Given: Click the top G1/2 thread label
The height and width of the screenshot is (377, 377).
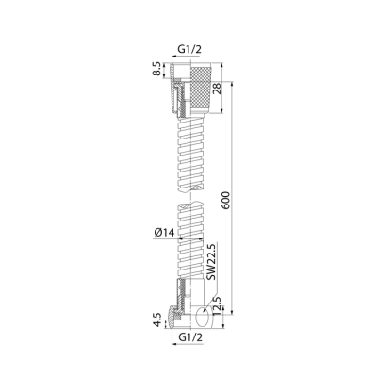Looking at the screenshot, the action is tap(189, 49).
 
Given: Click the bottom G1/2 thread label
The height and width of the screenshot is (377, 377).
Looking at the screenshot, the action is tap(190, 337).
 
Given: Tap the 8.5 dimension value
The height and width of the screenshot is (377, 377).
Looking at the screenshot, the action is tap(158, 69).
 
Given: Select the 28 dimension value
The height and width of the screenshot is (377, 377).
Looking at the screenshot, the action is tap(217, 88).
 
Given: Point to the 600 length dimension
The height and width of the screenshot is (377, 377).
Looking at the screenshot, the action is tap(226, 200).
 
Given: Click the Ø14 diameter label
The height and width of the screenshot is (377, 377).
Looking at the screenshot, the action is tap(164, 233).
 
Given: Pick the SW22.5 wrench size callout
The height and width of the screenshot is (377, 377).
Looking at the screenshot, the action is tap(211, 261).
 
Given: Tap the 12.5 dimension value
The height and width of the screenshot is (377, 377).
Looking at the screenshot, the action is tap(217, 306).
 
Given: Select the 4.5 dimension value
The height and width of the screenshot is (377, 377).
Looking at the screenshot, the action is tap(157, 320).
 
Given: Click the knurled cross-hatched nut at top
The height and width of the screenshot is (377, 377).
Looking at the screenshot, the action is tap(202, 89).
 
